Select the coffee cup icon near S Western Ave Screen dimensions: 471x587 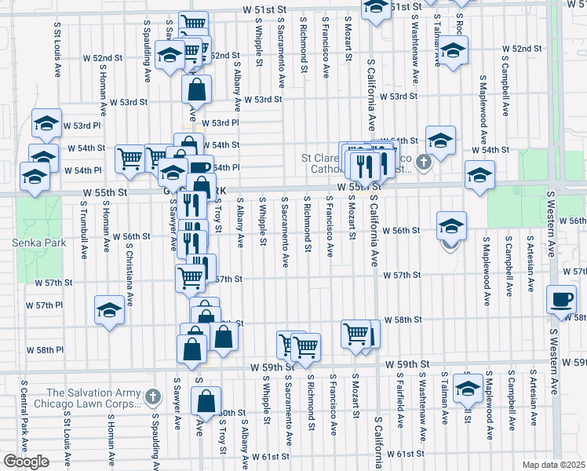click(563, 299)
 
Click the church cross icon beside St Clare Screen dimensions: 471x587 click(423, 162)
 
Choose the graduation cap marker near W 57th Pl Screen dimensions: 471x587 click(109, 309)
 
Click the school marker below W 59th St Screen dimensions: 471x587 click(468, 387)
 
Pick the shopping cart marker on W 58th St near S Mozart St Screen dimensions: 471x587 click(355, 333)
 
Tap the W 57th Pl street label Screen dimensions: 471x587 click(43, 305)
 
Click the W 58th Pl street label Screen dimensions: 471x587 click(45, 349)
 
